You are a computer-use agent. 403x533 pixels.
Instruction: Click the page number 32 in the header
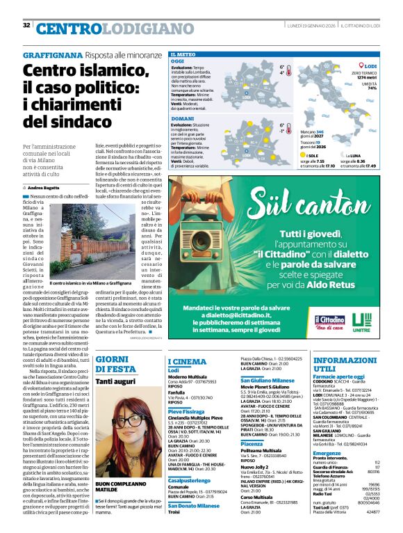pyautogui.click(x=26, y=26)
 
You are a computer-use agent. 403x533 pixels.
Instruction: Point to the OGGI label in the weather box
pyautogui.click(x=178, y=61)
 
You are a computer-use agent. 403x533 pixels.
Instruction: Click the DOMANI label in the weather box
pyautogui.click(x=182, y=119)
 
